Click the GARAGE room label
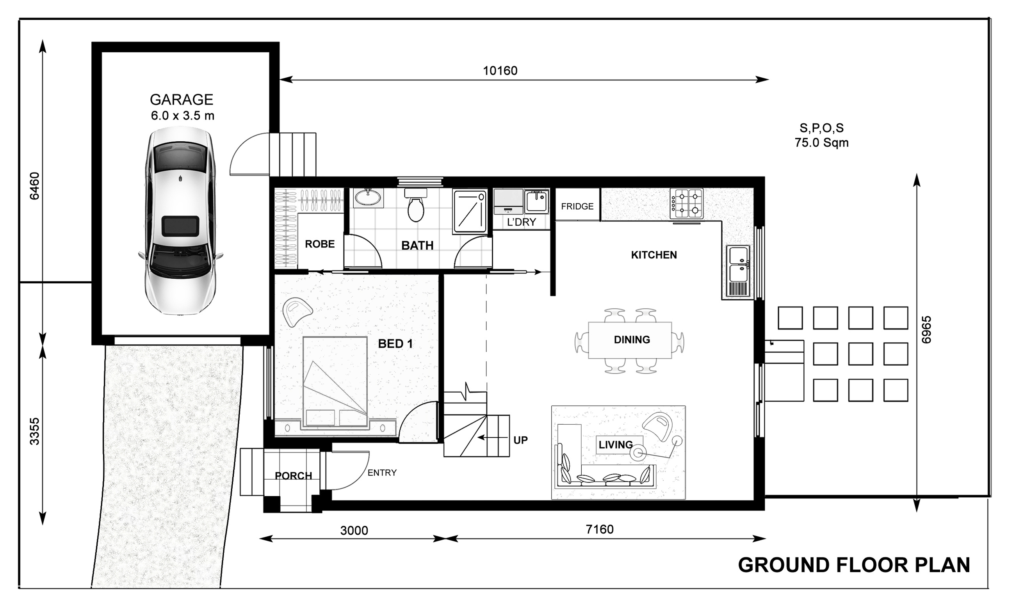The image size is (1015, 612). pos(181,100)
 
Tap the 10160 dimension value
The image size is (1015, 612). pos(500,71)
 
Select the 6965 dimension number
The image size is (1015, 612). pos(926,329)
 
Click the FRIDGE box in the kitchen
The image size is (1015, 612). pos(577,206)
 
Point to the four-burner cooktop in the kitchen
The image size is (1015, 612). pos(686,203)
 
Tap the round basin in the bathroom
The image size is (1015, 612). pos(368,197)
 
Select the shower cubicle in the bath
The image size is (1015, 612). pos(470,212)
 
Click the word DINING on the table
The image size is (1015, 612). pos(632,340)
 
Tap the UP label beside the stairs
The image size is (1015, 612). pos(520,440)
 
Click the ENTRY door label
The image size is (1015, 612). pos(382,473)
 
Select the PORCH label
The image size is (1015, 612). pos(293,476)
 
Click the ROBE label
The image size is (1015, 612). pos(320,244)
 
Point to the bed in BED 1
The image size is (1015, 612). pos(335,381)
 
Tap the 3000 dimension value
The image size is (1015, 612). pos(354,530)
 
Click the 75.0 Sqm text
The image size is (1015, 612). pos(821,143)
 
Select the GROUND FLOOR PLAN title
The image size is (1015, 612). pos(853,565)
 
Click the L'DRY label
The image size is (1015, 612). pos(522,222)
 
